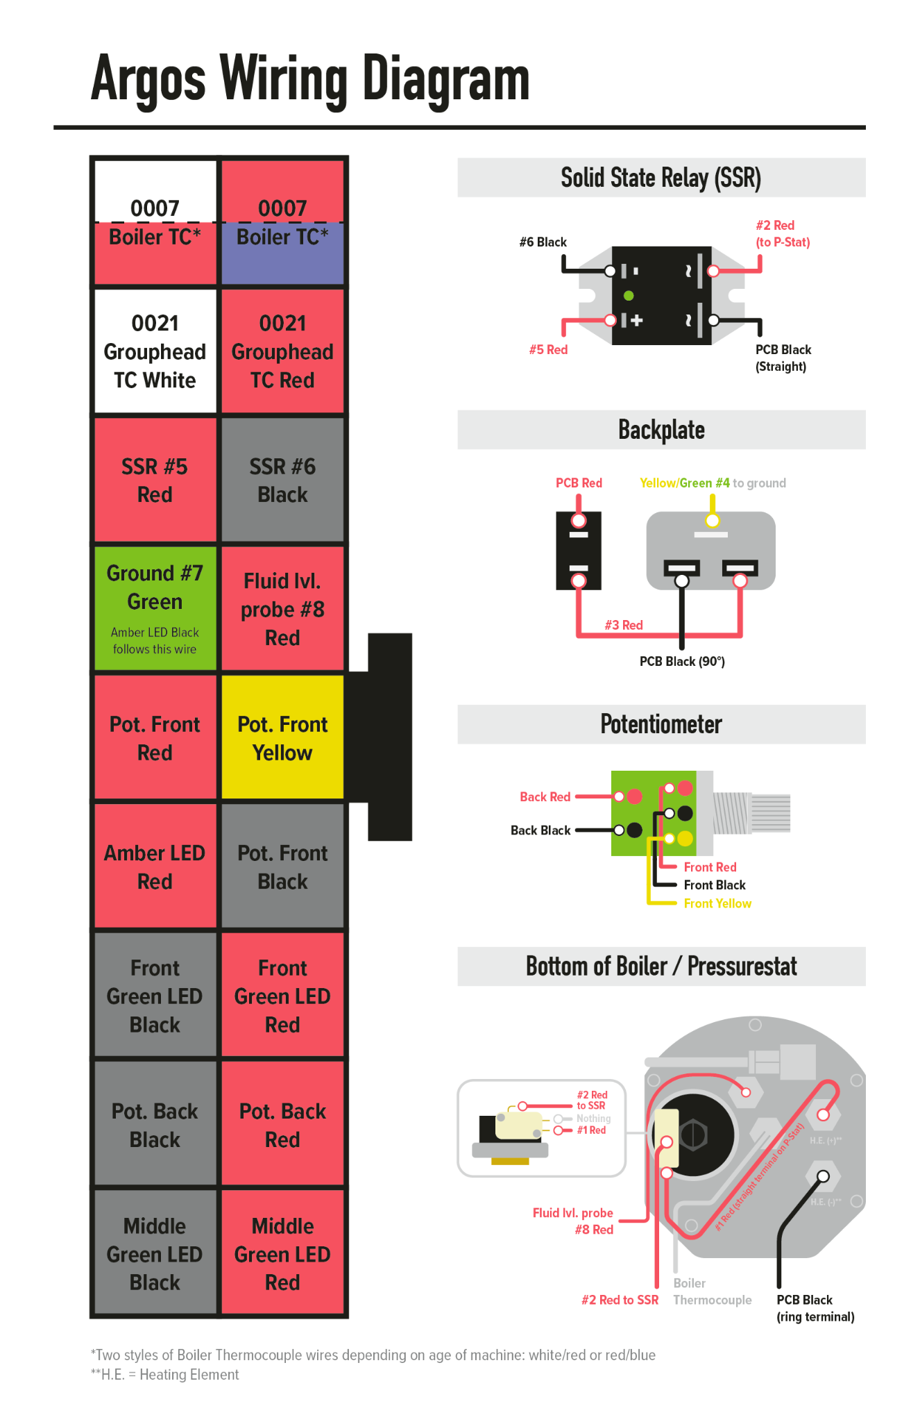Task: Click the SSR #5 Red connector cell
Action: click(155, 480)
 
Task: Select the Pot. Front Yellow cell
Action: click(282, 737)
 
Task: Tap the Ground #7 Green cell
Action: click(155, 608)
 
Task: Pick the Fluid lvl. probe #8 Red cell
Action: click(282, 608)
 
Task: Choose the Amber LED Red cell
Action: click(155, 866)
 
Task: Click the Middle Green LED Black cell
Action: click(155, 1253)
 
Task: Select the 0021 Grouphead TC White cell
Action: click(155, 351)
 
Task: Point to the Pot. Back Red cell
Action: click(282, 1124)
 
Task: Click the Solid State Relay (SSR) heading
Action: click(661, 178)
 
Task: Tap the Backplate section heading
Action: click(661, 430)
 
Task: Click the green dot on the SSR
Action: click(629, 296)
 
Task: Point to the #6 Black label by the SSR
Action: click(543, 242)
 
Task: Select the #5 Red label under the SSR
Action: click(548, 349)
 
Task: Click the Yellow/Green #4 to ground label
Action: click(712, 483)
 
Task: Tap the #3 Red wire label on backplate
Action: click(623, 625)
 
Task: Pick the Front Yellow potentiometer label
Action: click(717, 903)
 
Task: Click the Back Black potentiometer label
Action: click(540, 830)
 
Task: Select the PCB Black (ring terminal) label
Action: click(815, 1308)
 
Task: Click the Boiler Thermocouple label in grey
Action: click(712, 1291)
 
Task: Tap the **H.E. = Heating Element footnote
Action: click(164, 1375)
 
